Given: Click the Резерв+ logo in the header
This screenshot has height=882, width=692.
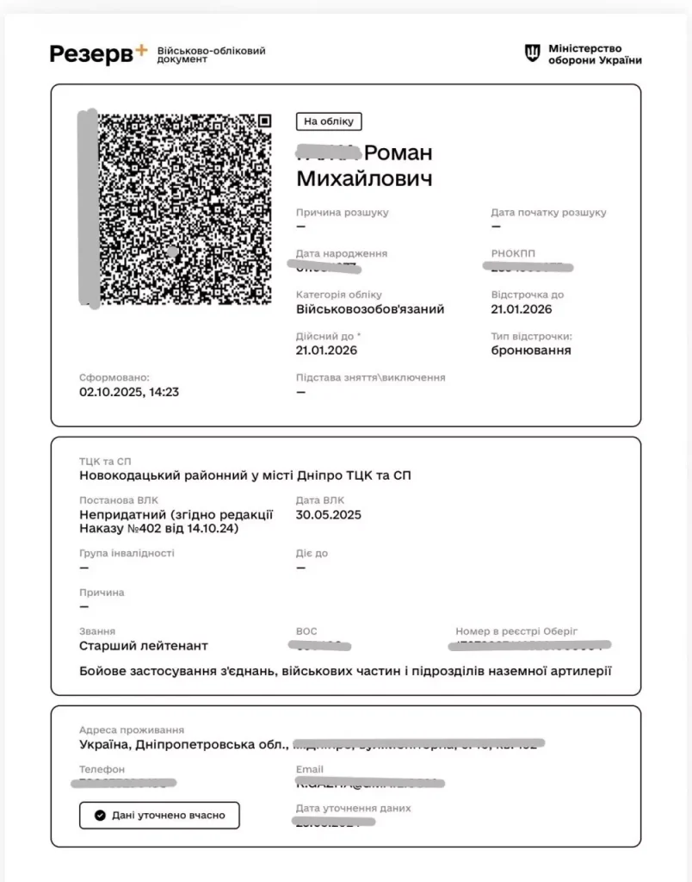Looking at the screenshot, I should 98,53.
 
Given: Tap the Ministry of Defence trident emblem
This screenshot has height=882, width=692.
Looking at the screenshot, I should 533,53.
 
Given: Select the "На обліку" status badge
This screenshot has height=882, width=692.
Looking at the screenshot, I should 329,121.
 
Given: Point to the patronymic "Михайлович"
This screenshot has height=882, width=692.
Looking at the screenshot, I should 364,179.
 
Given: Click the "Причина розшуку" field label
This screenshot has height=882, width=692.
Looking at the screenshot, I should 342,212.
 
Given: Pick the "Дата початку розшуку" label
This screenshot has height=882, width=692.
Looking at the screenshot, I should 548,212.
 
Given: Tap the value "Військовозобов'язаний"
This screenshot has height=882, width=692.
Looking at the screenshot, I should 370,309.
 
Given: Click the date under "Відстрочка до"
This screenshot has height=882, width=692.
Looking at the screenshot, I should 522,309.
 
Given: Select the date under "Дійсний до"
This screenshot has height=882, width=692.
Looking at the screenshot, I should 326,351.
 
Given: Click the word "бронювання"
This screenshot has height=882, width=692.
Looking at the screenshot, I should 530,351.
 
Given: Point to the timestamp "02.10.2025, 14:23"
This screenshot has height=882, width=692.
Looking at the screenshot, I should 129,392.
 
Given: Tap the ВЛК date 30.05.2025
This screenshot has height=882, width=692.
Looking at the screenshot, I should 329,515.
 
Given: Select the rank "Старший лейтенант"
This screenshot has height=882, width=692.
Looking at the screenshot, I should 143,646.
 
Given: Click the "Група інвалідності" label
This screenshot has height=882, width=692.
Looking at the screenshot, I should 127,553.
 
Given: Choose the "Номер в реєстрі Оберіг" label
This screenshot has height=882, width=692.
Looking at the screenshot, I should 516,631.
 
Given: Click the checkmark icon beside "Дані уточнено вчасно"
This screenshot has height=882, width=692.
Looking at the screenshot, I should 100,815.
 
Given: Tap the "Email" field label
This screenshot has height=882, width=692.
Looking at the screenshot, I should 309,769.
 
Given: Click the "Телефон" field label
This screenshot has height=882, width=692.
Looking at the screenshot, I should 102,769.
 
